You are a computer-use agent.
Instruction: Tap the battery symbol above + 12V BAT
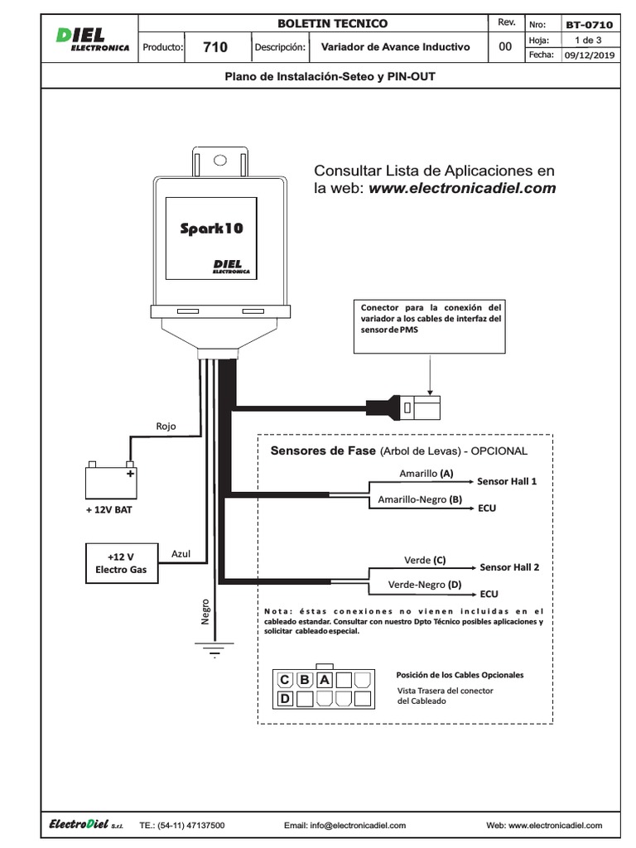click(110, 481)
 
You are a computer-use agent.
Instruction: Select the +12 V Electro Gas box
click(121, 563)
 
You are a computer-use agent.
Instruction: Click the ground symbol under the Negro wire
click(214, 651)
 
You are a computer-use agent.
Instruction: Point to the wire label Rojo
click(166, 427)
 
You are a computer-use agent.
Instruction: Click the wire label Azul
click(181, 552)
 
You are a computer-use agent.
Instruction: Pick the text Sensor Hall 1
click(507, 481)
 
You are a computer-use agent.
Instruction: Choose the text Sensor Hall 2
click(509, 567)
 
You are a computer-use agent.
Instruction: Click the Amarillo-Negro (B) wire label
click(413, 500)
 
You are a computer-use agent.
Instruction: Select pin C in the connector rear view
click(285, 680)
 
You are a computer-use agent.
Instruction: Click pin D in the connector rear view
click(285, 699)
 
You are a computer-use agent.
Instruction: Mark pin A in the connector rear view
click(325, 680)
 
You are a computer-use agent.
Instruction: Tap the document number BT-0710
click(589, 25)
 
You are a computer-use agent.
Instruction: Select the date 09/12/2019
click(589, 55)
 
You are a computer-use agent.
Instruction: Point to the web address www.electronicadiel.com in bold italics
click(462, 189)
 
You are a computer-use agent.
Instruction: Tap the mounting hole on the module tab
click(219, 161)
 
